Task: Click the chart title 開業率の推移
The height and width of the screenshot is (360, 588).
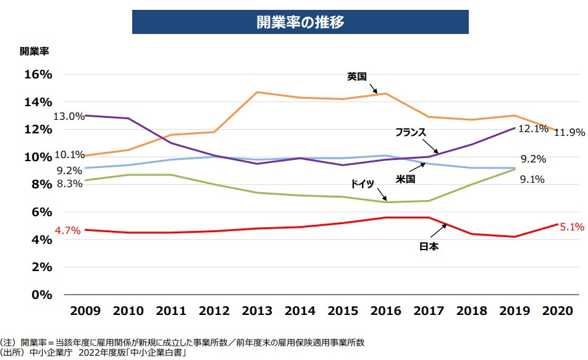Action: pos(300,22)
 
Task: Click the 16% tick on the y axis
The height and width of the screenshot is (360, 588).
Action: pos(38,74)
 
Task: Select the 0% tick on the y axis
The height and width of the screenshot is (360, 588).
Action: pos(42,295)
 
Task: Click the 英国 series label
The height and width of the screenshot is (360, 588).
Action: pos(357,77)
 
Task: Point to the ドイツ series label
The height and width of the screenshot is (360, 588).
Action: pos(363,183)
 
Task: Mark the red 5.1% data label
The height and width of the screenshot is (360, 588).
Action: pos(572,227)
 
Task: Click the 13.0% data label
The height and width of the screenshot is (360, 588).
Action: pos(69,116)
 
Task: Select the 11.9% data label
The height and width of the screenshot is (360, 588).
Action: pos(569,132)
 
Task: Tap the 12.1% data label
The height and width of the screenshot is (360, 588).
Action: pos(533,129)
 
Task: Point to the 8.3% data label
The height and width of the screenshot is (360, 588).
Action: pos(69,183)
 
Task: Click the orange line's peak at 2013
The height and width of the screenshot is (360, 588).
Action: pos(257,92)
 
